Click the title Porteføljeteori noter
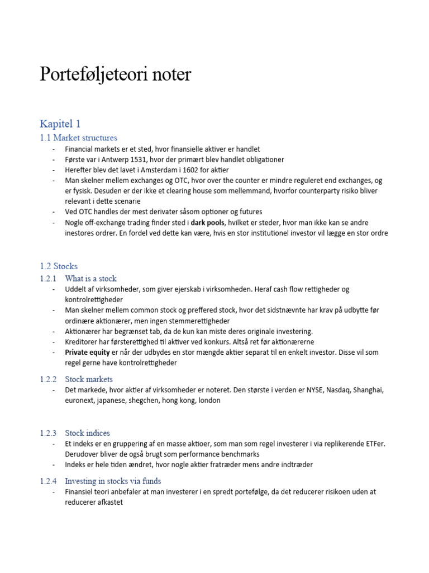115,75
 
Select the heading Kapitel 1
60,123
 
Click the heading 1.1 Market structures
78,138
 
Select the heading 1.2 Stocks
59,266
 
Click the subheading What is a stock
90,278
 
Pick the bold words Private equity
87,353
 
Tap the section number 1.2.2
49,379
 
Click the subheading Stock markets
89,379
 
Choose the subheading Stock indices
88,433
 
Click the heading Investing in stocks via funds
113,481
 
